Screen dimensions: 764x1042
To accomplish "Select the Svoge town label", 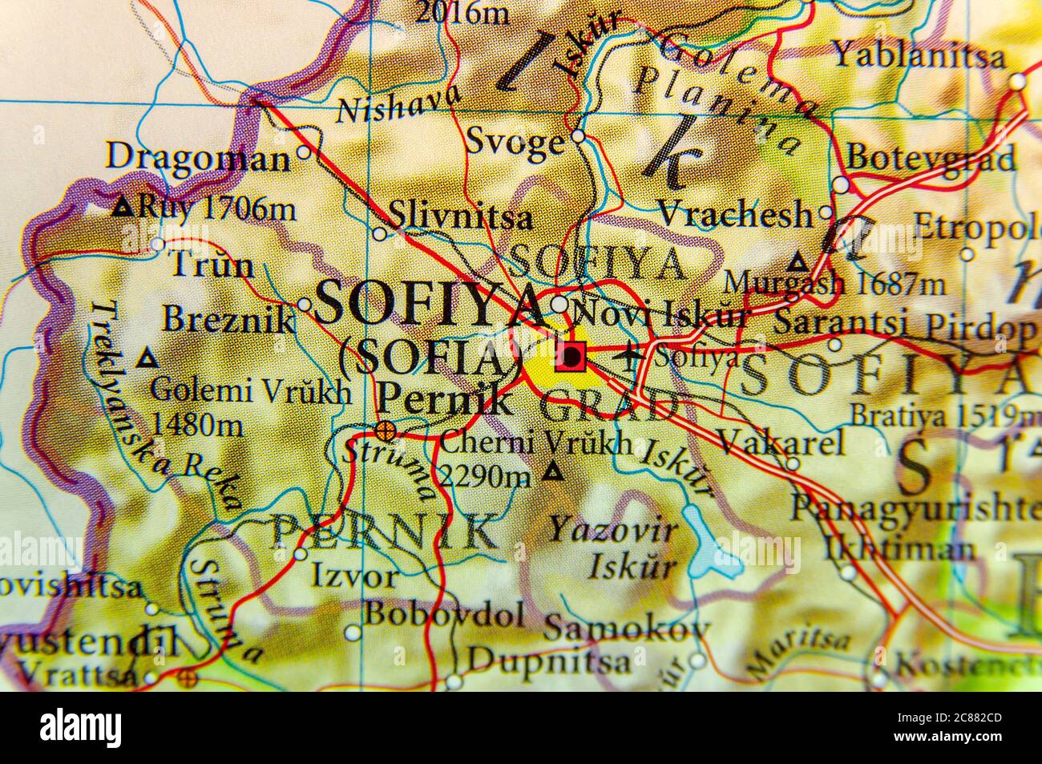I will click(x=515, y=142).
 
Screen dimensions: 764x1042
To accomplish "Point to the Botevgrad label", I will click(x=931, y=157).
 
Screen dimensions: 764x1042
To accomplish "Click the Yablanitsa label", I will click(x=919, y=56).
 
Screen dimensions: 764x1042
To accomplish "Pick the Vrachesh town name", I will click(x=735, y=214).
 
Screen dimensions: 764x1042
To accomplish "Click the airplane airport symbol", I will click(x=632, y=354).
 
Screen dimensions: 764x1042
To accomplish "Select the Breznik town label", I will click(x=229, y=319).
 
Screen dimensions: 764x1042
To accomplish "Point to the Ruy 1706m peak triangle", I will click(x=123, y=208).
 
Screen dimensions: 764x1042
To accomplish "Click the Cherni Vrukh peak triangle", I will click(x=551, y=472).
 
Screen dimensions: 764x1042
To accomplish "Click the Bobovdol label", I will click(x=445, y=615).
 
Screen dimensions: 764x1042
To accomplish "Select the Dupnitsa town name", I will click(x=549, y=661).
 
